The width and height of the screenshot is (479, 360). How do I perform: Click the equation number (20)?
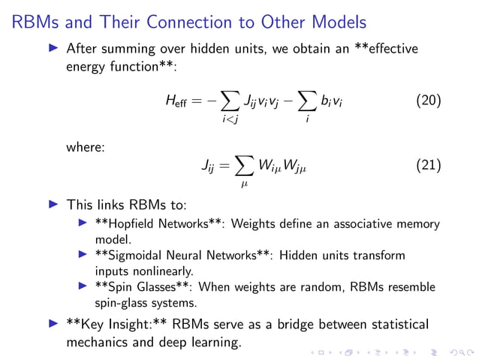tap(428, 101)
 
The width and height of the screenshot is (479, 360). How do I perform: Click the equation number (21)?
tap(428, 165)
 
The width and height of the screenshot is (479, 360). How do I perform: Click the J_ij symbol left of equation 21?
tap(208, 166)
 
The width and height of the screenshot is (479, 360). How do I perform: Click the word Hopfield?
tap(131, 224)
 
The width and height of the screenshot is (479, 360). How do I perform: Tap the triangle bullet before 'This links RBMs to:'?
tap(52, 203)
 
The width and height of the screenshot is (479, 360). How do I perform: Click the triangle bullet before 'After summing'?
tap(52, 49)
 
